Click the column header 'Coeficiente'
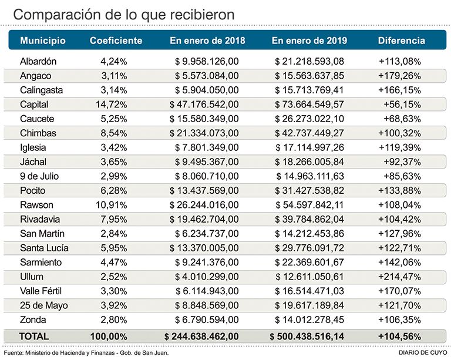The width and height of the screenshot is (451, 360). (x=116, y=41)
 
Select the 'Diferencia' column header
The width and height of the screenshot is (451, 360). (x=401, y=41)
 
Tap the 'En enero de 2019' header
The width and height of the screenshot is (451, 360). (x=309, y=41)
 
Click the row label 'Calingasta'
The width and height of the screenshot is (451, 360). (x=41, y=90)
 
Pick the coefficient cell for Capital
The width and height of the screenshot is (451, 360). (x=114, y=105)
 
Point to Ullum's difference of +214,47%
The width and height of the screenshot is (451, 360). (x=399, y=277)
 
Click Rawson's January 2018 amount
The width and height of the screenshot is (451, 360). (x=204, y=205)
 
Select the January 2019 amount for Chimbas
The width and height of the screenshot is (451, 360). (x=309, y=133)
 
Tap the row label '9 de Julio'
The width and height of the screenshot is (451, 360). (x=40, y=176)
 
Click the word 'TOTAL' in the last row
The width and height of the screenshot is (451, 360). (x=34, y=336)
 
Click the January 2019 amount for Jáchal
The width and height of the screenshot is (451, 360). (x=309, y=162)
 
